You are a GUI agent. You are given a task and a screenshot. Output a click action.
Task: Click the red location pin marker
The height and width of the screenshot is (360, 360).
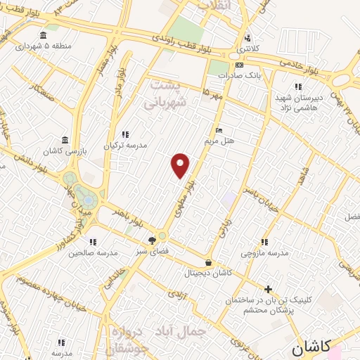point(181,165)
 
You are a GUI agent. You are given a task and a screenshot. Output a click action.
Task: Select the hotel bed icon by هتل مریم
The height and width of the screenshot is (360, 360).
point(219,131)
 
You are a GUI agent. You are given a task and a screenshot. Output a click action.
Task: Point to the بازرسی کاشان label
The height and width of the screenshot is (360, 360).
point(65,151)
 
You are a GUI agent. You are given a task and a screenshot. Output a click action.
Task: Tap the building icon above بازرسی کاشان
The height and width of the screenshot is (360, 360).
point(65,139)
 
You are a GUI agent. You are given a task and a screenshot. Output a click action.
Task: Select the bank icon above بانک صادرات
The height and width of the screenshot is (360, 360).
point(239,64)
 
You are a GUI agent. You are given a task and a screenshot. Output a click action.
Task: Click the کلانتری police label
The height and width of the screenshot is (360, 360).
point(247,49)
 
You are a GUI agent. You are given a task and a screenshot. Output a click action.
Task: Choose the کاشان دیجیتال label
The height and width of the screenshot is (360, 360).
point(207,273)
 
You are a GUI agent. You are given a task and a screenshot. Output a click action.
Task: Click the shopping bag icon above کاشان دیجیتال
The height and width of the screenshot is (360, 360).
point(207,262)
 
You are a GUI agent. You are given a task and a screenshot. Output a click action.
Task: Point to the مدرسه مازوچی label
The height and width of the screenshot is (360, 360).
point(264,252)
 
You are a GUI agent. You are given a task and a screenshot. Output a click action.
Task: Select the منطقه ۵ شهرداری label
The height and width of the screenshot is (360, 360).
point(44,46)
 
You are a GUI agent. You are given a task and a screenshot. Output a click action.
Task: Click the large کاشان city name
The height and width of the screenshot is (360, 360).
point(310,346)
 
